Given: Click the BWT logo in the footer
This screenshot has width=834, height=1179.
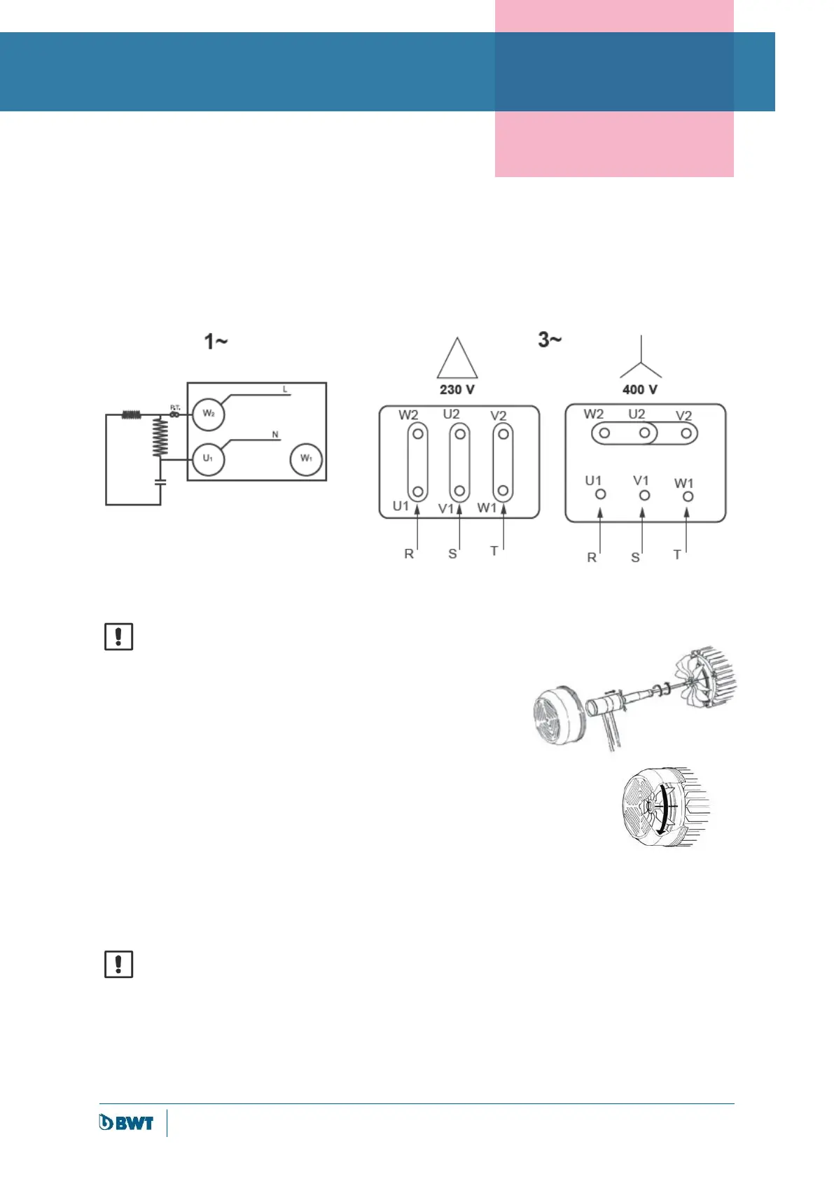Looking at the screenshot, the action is point(126,1122).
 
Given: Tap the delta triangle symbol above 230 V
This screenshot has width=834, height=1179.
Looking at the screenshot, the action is point(457,360).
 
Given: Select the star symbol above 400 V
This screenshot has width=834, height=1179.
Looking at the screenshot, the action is point(641,359).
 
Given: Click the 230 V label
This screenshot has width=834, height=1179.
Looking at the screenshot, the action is point(457,390).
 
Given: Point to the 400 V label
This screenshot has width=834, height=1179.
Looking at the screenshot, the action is point(640,390).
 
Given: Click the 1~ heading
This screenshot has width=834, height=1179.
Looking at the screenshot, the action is point(216,342).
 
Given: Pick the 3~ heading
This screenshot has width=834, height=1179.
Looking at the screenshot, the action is point(550,340).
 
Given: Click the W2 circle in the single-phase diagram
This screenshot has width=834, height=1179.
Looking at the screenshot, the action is point(208,414).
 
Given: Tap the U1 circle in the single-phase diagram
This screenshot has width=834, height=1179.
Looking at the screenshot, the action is point(208,459).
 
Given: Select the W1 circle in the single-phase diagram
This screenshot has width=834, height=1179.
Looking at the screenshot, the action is point(306,459).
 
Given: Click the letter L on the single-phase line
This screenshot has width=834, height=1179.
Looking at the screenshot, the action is point(285,389).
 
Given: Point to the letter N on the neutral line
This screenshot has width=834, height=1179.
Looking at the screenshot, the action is point(275,435).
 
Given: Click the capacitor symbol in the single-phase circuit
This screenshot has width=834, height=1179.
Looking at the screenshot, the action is point(160,482).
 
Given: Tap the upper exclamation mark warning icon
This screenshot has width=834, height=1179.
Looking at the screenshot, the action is point(118,636).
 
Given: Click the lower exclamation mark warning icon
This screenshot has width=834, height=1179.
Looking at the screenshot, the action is point(118,964).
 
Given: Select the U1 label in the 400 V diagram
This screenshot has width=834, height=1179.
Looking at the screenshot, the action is point(593,480).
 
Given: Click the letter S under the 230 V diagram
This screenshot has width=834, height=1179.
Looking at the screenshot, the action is point(452,554).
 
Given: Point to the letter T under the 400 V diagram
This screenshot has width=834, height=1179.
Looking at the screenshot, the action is point(677,554).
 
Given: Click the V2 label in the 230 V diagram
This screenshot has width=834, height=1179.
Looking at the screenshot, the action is point(498,416).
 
